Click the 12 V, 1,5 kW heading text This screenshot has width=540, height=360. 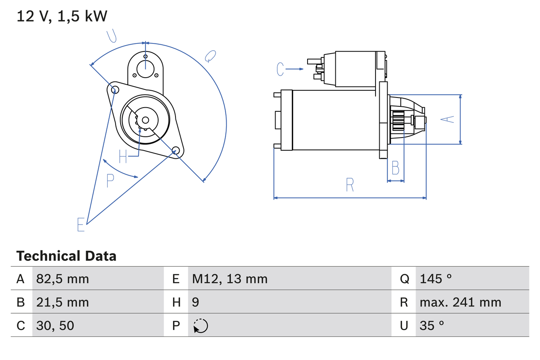(x=62, y=16)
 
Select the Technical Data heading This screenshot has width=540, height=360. (x=66, y=256)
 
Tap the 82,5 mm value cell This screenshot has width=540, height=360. (x=62, y=279)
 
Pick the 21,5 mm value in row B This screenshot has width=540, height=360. (x=62, y=302)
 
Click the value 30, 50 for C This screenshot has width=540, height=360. (x=55, y=325)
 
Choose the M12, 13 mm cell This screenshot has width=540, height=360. (x=229, y=279)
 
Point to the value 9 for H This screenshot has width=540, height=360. (x=196, y=302)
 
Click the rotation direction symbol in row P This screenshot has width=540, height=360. (x=200, y=326)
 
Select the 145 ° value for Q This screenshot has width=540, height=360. (x=436, y=279)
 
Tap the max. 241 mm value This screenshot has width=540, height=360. (x=460, y=302)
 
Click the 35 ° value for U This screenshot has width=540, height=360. (x=432, y=325)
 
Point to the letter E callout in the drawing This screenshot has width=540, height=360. (x=81, y=225)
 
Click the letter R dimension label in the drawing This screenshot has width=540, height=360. (x=350, y=184)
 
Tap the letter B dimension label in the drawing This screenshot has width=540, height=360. (x=395, y=168)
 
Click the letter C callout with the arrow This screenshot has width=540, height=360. (x=281, y=69)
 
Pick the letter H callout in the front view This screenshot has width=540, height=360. (x=123, y=157)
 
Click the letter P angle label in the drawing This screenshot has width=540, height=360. (x=110, y=181)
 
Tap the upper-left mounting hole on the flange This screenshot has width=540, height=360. (x=113, y=89)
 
